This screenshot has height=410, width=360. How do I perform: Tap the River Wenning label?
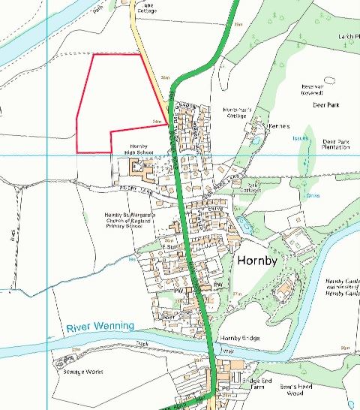pos(99,327)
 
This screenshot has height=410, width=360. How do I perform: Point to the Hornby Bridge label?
pos(240,339)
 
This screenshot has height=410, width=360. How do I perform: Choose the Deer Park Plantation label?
pos(336,145)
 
